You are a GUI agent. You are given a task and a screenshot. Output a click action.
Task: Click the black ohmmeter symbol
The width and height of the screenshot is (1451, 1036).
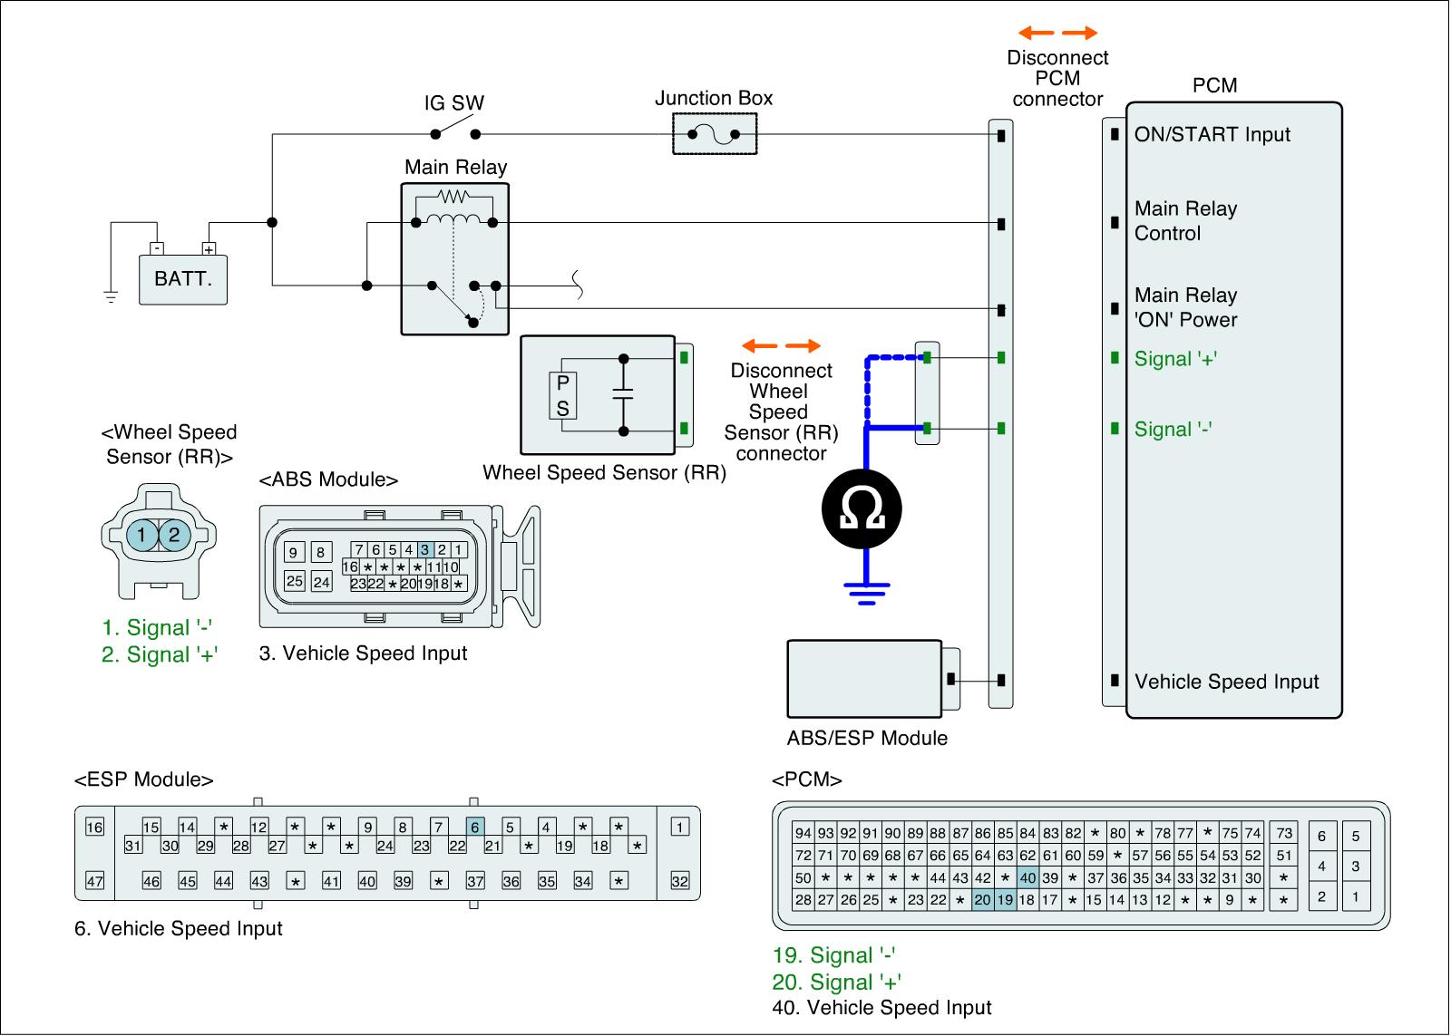[x=862, y=508]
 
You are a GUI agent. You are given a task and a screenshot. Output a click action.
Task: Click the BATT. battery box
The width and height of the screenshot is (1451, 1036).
[x=183, y=280]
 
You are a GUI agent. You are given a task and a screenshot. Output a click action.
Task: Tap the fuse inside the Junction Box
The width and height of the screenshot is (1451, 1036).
[x=714, y=135]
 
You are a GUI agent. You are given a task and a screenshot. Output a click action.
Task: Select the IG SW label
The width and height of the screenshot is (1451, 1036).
[x=454, y=102]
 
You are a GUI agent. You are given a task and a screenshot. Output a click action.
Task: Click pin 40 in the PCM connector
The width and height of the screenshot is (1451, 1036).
[x=1027, y=878]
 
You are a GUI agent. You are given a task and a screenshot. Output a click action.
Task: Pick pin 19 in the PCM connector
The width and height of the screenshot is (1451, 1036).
[x=1006, y=899]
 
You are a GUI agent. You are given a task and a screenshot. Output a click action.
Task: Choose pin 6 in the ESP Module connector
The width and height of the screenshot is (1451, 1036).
[x=475, y=827]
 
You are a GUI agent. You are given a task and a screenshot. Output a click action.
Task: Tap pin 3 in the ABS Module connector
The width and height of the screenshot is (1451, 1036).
[x=425, y=550]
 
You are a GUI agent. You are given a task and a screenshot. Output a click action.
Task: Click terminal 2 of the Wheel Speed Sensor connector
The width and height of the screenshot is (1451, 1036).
[x=174, y=535]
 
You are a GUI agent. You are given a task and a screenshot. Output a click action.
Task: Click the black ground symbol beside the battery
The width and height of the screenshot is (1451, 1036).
[x=111, y=297]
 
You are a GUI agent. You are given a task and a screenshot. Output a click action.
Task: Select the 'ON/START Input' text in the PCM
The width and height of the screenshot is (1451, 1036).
[x=1212, y=135]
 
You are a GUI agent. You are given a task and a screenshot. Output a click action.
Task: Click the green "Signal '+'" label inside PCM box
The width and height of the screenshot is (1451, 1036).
[x=1175, y=359]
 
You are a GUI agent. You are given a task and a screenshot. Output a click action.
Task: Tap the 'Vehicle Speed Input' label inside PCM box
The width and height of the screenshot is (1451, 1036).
[x=1226, y=682]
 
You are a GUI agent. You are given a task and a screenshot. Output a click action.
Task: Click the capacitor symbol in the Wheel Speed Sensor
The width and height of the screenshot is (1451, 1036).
[x=623, y=394]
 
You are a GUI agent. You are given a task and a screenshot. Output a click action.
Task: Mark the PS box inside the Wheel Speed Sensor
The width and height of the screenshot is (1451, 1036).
[x=563, y=395]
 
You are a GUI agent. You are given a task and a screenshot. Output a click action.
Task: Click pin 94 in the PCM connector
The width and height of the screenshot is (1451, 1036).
[x=803, y=833]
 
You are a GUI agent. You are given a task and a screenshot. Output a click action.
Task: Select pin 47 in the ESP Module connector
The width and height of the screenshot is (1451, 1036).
[x=94, y=881]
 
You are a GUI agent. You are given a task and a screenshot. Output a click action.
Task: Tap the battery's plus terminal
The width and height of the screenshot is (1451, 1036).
[x=209, y=249]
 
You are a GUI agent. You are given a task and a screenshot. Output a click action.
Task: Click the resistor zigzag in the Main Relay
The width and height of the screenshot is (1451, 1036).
[x=453, y=196]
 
